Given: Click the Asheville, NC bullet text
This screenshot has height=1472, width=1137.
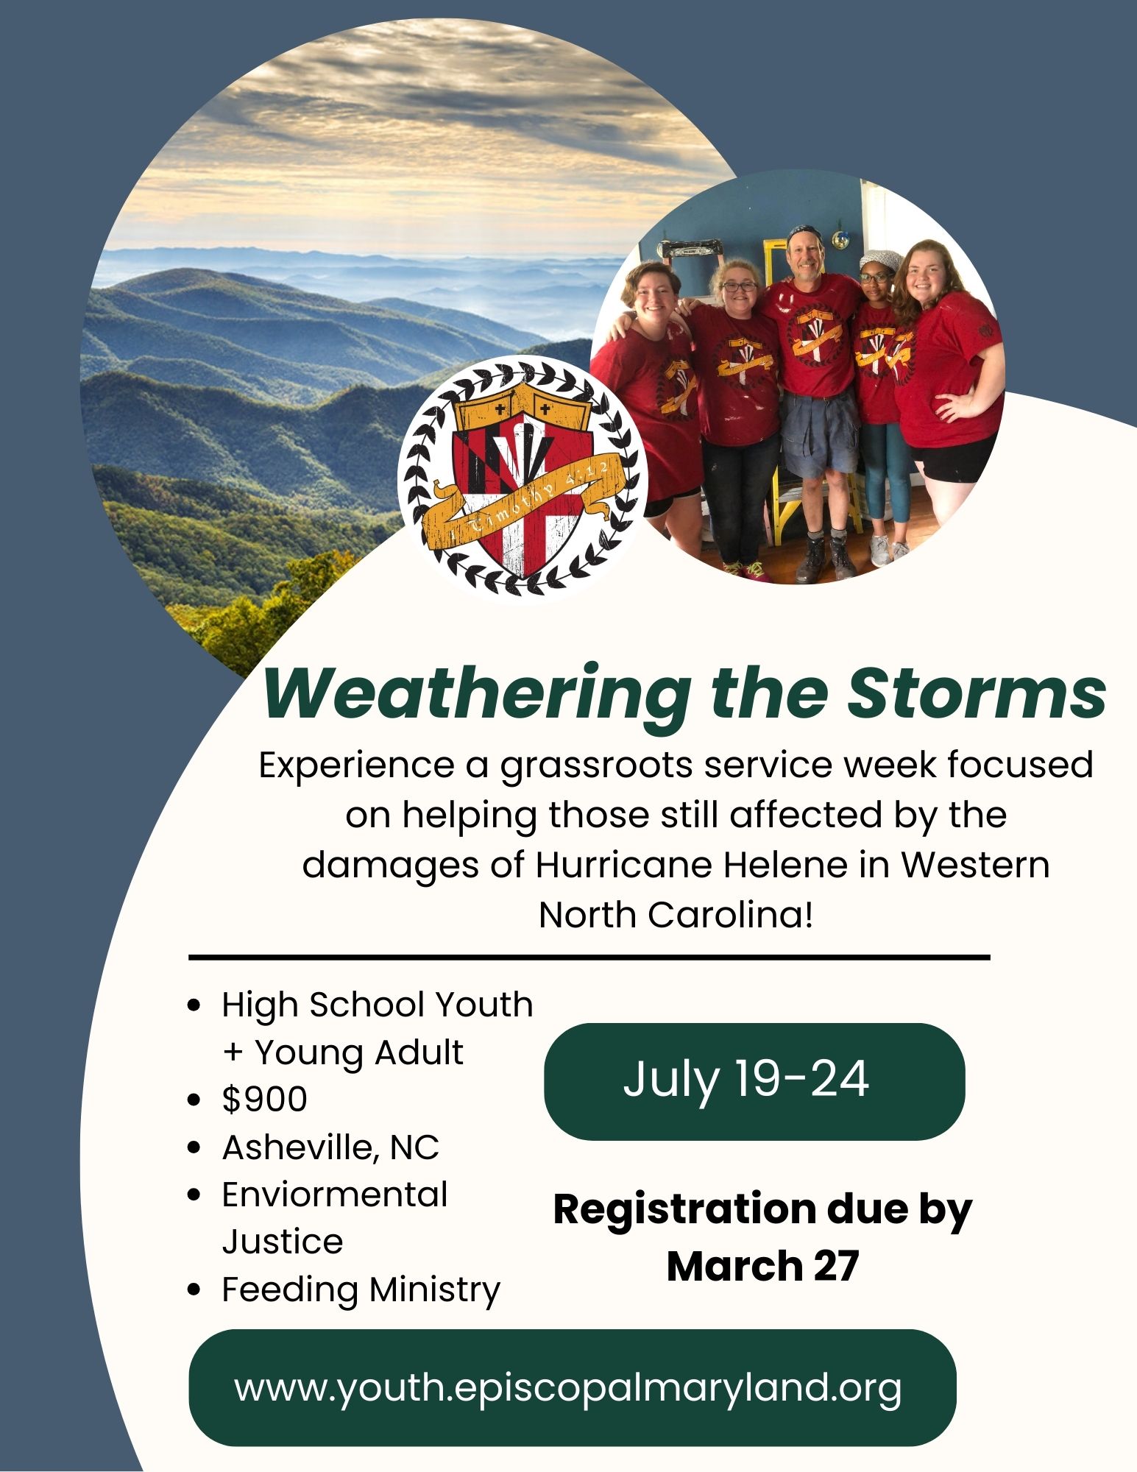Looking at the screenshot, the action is pyautogui.click(x=330, y=1147).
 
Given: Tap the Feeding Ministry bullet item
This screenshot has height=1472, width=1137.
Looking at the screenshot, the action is pyautogui.click(x=361, y=1289).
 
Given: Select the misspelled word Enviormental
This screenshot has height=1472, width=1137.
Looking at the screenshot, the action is pyautogui.click(x=335, y=1194).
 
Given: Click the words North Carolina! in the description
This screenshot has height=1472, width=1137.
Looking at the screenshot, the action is pyautogui.click(x=676, y=915).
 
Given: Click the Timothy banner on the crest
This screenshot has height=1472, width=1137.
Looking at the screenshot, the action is pyautogui.click(x=523, y=505).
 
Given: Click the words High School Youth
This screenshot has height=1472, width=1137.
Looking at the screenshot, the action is pyautogui.click(x=378, y=1005).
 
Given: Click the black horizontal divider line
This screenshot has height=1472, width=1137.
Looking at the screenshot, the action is pyautogui.click(x=589, y=958).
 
